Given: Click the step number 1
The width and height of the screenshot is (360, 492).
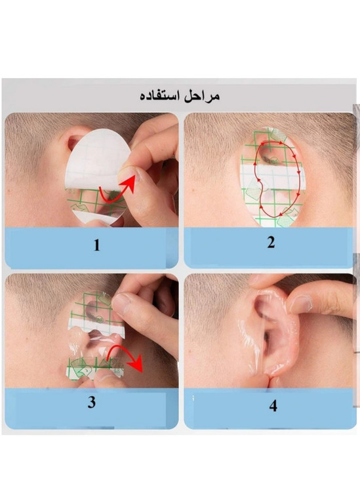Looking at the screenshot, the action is (97, 245).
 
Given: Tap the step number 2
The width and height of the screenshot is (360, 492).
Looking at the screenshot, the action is (271, 243).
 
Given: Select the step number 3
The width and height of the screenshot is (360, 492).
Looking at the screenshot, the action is (92, 402).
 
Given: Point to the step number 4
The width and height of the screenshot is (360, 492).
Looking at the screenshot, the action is (273, 405).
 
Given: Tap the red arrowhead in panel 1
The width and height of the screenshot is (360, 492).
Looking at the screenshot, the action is (130, 184).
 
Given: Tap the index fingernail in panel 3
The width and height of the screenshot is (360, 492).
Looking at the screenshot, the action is (120, 304).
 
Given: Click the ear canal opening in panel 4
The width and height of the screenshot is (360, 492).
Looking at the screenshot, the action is (267, 340).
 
